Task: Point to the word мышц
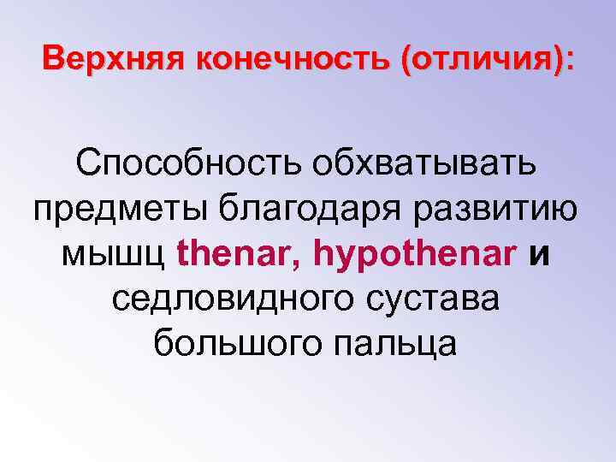[x=115, y=253]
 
